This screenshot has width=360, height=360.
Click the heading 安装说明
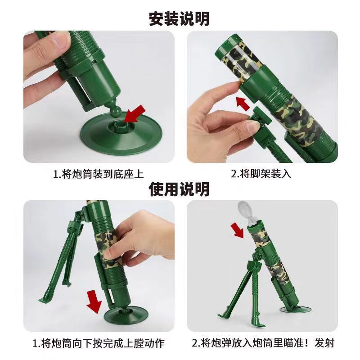[x=179, y=19]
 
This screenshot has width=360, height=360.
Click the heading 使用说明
[x=179, y=189]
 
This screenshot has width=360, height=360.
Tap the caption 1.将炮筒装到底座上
[x=99, y=174]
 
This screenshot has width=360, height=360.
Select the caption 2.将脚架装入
[x=261, y=174]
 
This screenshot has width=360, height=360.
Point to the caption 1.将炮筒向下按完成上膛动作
[x=99, y=343]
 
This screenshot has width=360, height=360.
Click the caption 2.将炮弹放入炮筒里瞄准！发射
[x=263, y=343]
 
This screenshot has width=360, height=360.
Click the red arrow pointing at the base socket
[x=135, y=114]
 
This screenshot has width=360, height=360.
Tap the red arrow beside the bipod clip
[x=243, y=104]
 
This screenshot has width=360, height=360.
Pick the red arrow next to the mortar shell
[x=238, y=230]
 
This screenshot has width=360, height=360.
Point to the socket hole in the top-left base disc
[x=121, y=126]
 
